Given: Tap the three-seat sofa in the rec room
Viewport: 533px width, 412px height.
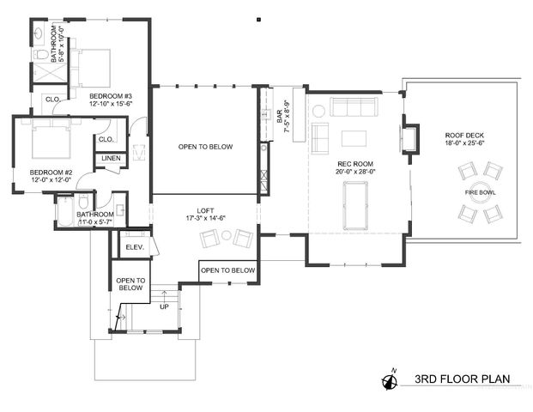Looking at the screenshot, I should (x=354, y=108).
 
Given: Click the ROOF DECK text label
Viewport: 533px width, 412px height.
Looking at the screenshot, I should (x=464, y=136).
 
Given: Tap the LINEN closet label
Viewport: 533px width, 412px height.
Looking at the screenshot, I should (x=111, y=159).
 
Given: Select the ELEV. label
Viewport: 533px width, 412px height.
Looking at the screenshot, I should (x=133, y=248).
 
